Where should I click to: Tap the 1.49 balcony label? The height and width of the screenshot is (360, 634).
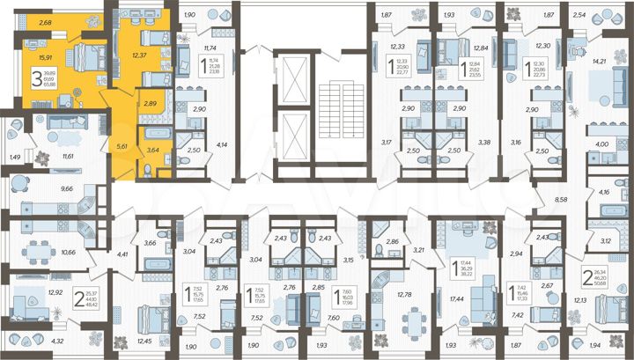[x=14, y=158]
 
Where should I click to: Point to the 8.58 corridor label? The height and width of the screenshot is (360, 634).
[x=561, y=201]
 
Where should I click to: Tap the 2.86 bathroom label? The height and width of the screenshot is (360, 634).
[x=394, y=240]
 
